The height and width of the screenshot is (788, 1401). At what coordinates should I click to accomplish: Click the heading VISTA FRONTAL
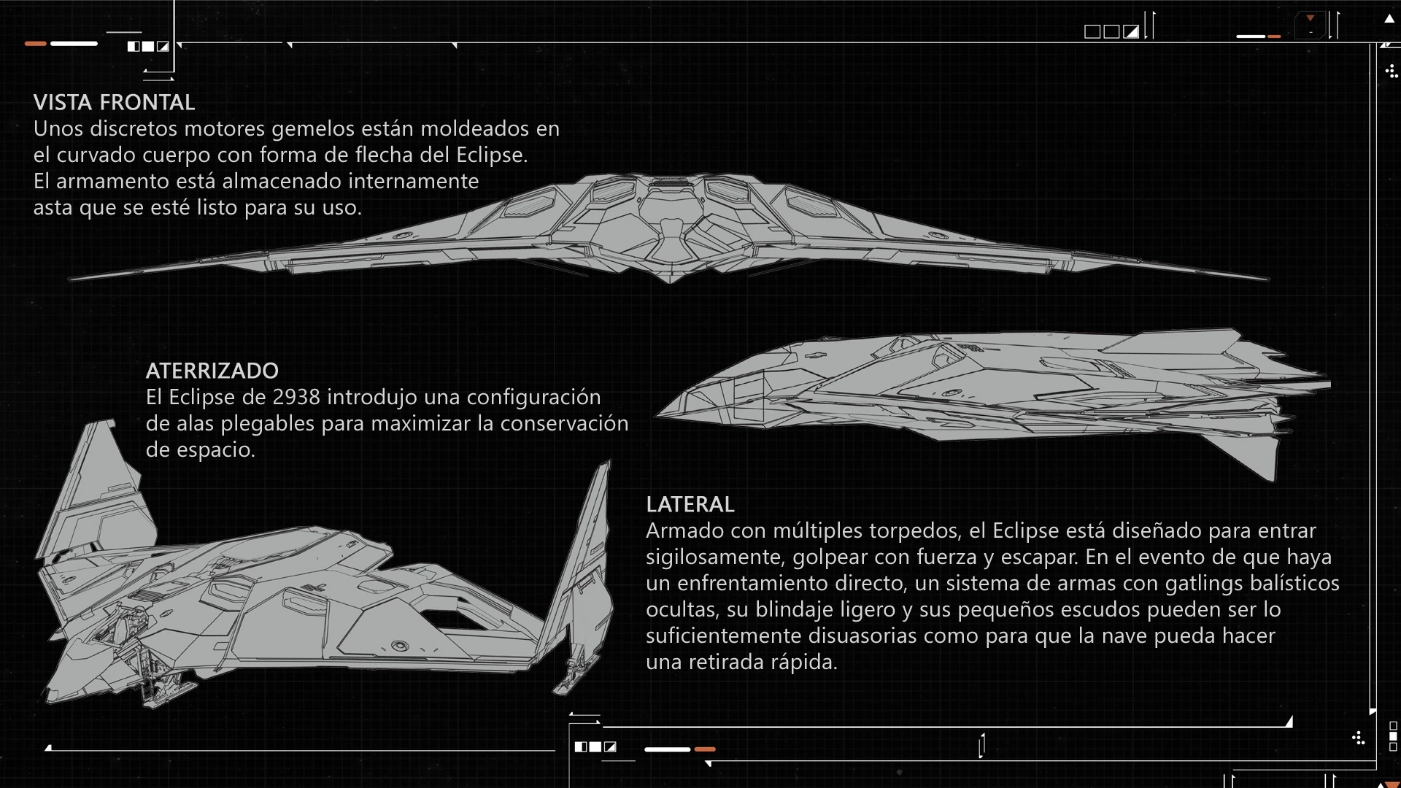pyautogui.click(x=114, y=102)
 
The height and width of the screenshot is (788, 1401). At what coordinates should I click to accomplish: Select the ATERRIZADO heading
pyautogui.click(x=212, y=371)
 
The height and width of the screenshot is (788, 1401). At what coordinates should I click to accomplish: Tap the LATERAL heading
pyautogui.click(x=690, y=504)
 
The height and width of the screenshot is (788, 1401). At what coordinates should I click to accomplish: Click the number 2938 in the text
pyautogui.click(x=296, y=397)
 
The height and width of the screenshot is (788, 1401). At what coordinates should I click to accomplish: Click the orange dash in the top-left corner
pyautogui.click(x=35, y=44)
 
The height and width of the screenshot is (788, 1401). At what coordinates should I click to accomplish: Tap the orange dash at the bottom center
pyautogui.click(x=704, y=749)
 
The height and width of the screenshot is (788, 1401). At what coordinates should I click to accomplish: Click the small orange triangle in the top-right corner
pyautogui.click(x=1311, y=18)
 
